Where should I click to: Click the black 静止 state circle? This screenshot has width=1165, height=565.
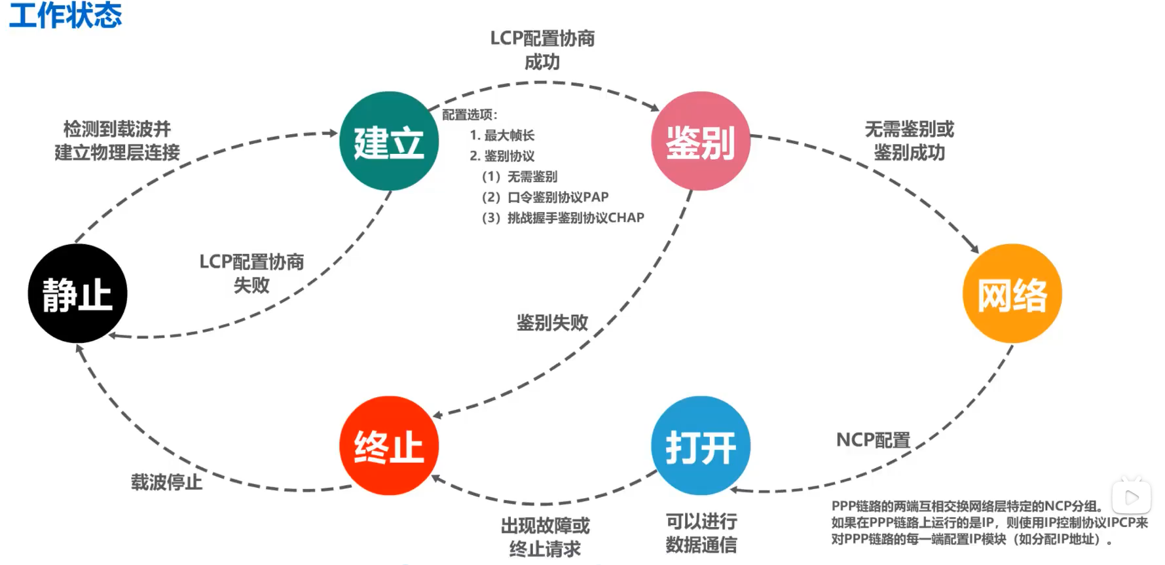[x=77, y=293]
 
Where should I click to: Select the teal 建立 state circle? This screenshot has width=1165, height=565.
[x=389, y=141]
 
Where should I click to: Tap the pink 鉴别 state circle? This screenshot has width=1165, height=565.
[x=701, y=141]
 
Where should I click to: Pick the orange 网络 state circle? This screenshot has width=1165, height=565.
[x=1012, y=293]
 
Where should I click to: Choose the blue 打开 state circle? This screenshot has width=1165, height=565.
[x=701, y=446]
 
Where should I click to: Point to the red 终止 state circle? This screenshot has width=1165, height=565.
[x=389, y=446]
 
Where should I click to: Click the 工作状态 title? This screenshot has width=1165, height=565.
[x=65, y=15]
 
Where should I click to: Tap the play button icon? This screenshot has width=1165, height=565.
[x=1132, y=498]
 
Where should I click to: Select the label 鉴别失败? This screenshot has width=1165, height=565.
[x=552, y=322]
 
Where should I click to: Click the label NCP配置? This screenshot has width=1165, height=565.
[x=873, y=440]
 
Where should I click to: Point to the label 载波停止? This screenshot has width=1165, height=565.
[x=166, y=483]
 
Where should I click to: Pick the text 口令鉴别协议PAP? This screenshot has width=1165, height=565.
[x=558, y=197]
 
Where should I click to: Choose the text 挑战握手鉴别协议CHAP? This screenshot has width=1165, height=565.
[x=576, y=217]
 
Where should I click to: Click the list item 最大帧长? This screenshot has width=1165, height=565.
[x=509, y=135]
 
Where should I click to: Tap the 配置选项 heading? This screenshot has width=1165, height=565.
[x=468, y=115]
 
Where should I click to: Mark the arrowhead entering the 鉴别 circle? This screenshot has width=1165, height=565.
[x=654, y=107]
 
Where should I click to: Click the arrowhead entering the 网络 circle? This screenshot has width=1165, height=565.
[x=974, y=248]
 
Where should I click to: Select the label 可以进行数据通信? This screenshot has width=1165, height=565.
[x=701, y=533]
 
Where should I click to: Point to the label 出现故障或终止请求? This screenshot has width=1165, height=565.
[x=545, y=537]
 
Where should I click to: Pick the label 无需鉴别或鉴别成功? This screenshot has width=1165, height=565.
[x=909, y=141]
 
